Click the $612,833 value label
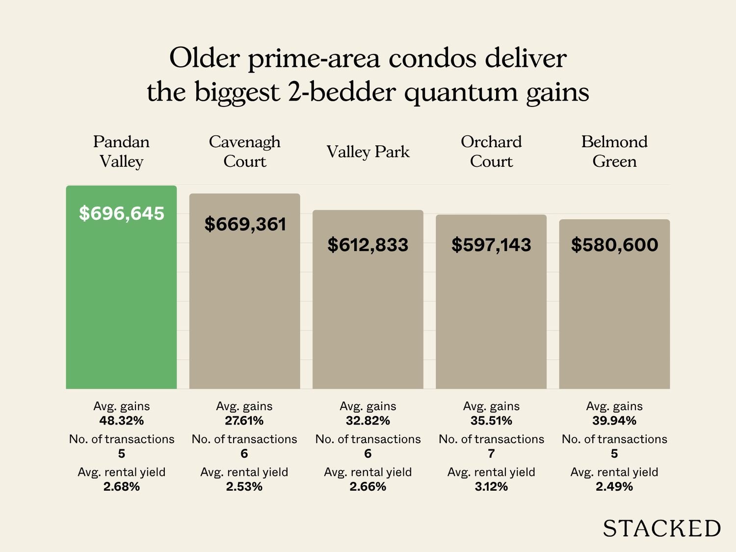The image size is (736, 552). click(x=368, y=244)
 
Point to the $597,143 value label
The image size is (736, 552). click(x=491, y=244)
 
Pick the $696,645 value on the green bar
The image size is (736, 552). click(x=122, y=213)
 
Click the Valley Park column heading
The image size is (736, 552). click(x=368, y=152)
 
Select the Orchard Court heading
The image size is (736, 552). click(x=491, y=151)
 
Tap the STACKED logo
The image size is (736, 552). click(x=662, y=528)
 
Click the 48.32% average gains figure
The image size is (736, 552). click(x=122, y=421)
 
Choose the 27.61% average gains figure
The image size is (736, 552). click(x=244, y=421)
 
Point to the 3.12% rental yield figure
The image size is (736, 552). click(x=491, y=487)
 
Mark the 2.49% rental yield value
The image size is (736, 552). click(x=614, y=487)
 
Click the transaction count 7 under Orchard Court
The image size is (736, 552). click(x=491, y=454)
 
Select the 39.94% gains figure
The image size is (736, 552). click(x=614, y=421)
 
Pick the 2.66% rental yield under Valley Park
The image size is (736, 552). click(x=368, y=487)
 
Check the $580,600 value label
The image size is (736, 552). click(x=614, y=244)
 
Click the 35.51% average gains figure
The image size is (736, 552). click(x=491, y=421)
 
